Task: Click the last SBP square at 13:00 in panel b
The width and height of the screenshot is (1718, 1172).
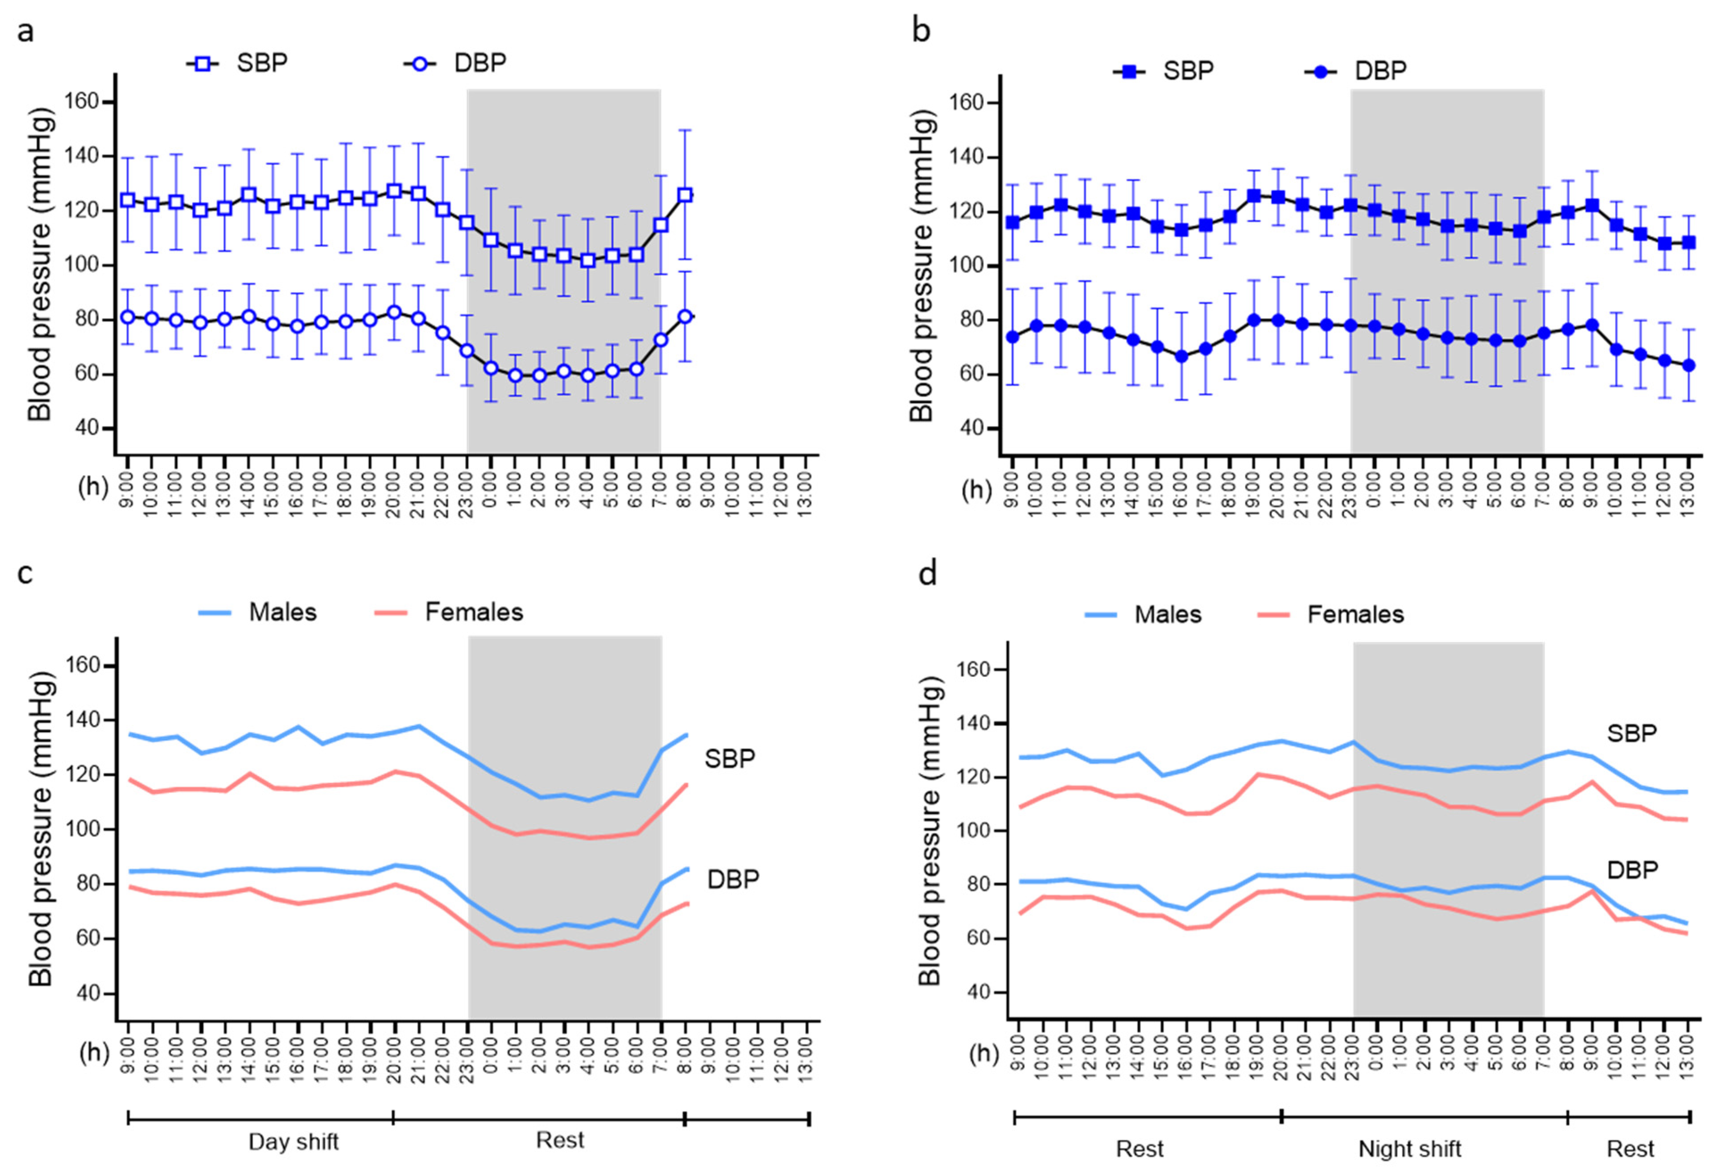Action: (x=1689, y=243)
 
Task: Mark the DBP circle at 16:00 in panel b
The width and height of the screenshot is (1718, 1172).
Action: (x=1181, y=356)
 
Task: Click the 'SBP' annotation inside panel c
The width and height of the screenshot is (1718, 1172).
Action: (x=729, y=759)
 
